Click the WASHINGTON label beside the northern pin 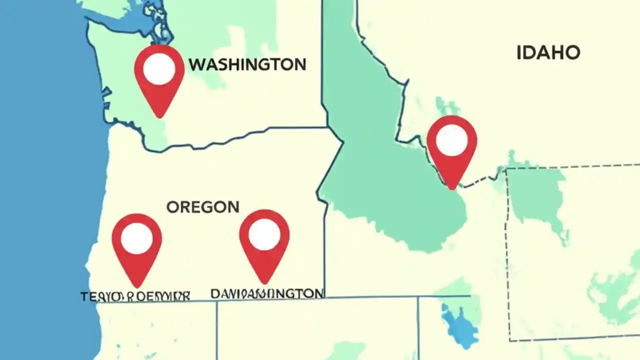247,64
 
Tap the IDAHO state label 548,52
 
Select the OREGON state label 202,207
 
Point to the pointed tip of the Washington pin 159,117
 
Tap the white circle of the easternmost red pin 451,140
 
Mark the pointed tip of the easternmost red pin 451,189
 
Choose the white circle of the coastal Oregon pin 136,238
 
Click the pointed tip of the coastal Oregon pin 137,287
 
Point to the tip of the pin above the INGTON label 264,283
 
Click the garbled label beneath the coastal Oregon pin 135,296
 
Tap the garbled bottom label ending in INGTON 266,293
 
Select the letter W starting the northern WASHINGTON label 196,64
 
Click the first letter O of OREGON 172,207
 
